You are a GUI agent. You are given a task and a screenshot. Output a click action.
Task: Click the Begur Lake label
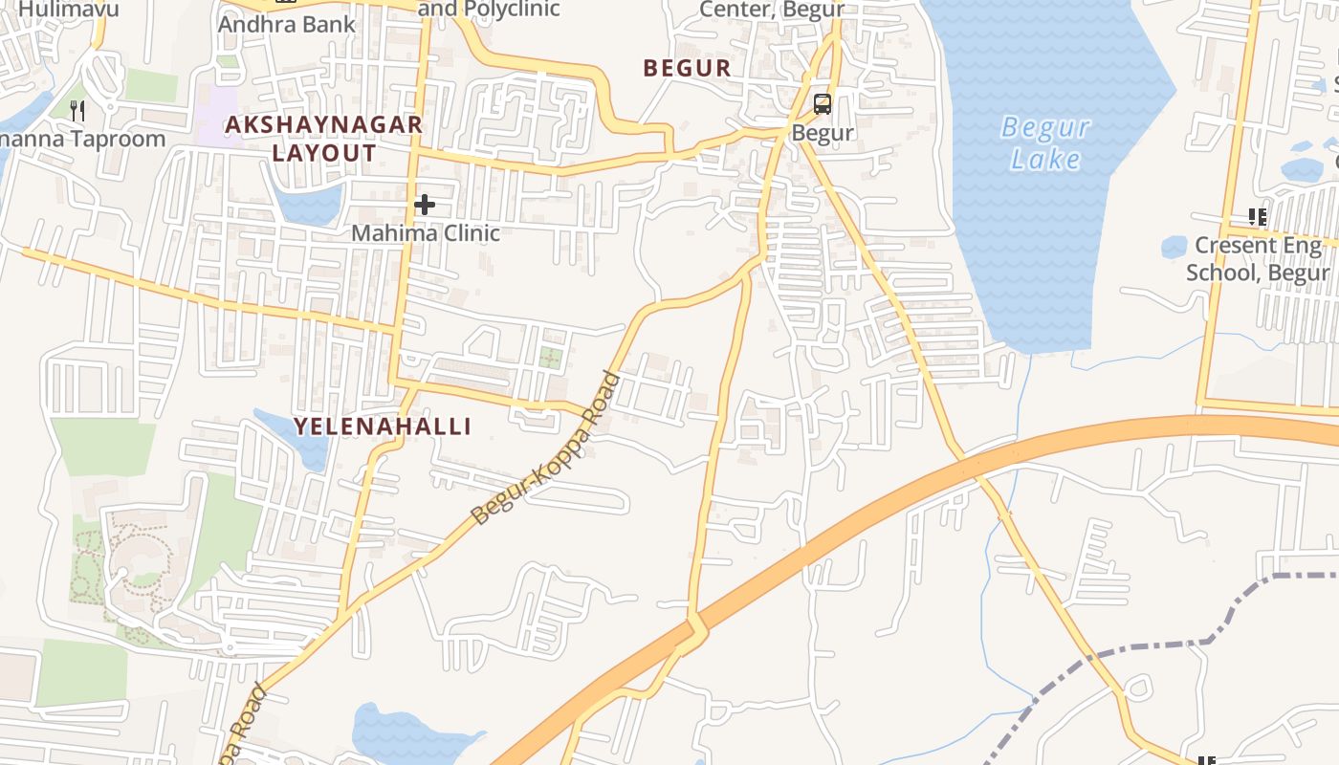click(x=1045, y=142)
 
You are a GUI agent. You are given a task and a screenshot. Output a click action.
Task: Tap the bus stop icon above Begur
click(x=823, y=104)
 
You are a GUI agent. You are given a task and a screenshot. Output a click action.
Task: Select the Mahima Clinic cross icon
click(x=425, y=205)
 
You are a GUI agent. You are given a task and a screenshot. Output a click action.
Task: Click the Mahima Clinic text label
click(x=426, y=232)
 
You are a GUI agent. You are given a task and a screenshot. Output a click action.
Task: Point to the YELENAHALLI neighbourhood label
click(x=383, y=426)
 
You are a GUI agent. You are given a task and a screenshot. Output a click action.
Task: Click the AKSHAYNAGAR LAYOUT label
click(x=323, y=139)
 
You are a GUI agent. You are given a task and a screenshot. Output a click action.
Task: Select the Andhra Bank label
click(x=287, y=24)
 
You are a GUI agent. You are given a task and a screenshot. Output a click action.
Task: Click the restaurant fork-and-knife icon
click(x=78, y=111)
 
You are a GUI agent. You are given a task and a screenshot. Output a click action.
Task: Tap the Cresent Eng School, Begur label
click(x=1258, y=259)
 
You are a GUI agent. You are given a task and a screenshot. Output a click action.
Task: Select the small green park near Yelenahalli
click(x=549, y=358)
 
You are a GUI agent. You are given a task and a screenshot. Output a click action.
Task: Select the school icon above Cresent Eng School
click(x=1257, y=217)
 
